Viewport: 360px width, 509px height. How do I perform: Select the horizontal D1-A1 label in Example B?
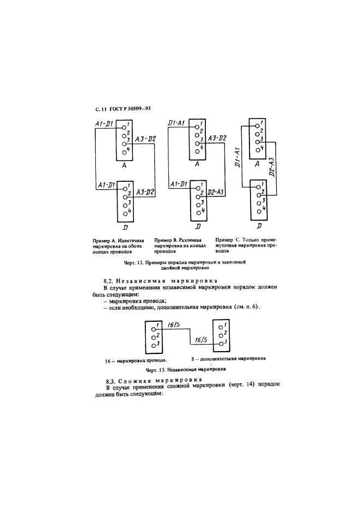178,124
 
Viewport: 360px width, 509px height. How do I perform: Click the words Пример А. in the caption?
105,240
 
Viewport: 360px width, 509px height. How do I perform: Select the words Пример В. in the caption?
166,240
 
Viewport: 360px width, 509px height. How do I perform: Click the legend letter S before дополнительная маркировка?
193,359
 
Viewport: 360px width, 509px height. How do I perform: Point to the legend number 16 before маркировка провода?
107,360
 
